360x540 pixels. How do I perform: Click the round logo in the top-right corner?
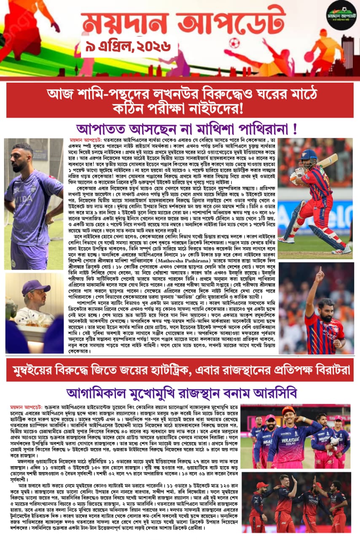341,15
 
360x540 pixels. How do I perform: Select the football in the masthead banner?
234,42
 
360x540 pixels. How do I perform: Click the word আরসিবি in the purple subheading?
276,393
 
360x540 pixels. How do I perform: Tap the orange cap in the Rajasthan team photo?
288,410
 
